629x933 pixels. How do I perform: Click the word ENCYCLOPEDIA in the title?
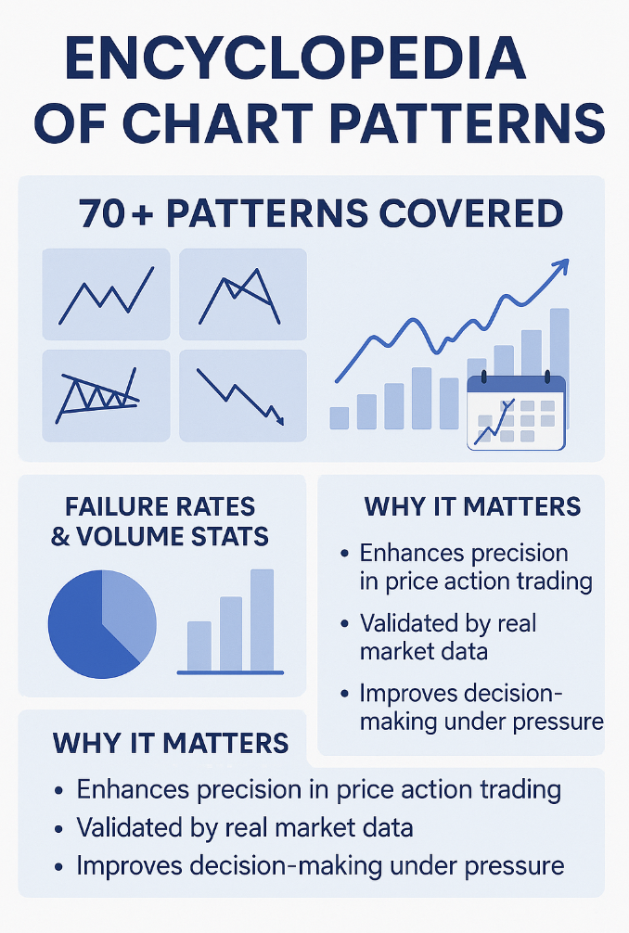pyautogui.click(x=295, y=58)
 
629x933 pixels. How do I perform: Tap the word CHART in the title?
pyautogui.click(x=218, y=123)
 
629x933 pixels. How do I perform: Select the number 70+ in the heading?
pyautogui.click(x=115, y=213)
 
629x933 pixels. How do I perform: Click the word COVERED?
pyautogui.click(x=470, y=213)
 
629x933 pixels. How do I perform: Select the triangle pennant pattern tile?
pyautogui.click(x=106, y=396)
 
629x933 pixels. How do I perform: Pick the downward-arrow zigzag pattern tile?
pyautogui.click(x=243, y=396)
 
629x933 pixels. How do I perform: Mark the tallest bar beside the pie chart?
pyautogui.click(x=262, y=620)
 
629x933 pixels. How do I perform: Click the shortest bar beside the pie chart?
pyautogui.click(x=199, y=646)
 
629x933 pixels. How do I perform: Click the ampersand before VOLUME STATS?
pyautogui.click(x=60, y=537)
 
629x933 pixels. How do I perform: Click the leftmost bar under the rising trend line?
pyautogui.click(x=340, y=417)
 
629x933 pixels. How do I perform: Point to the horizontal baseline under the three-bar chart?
pyautogui.click(x=230, y=673)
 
